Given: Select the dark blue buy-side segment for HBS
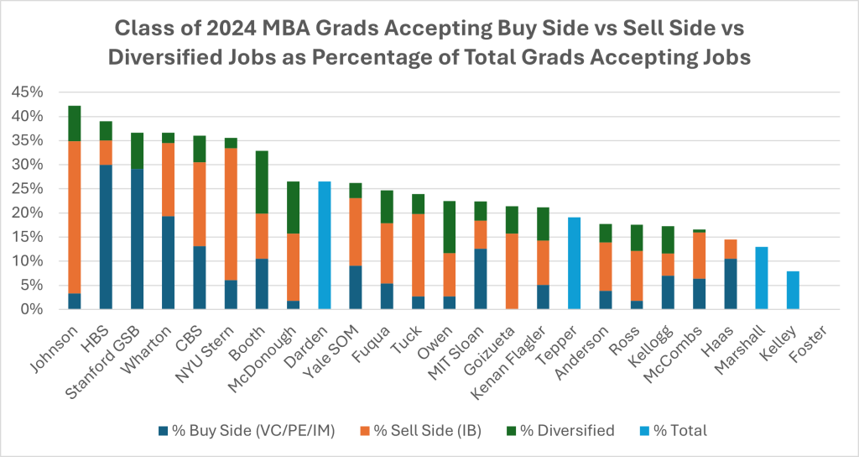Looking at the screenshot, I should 106,237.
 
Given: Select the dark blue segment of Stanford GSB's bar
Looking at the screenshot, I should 137,239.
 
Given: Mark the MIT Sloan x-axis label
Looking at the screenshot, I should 470,344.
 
